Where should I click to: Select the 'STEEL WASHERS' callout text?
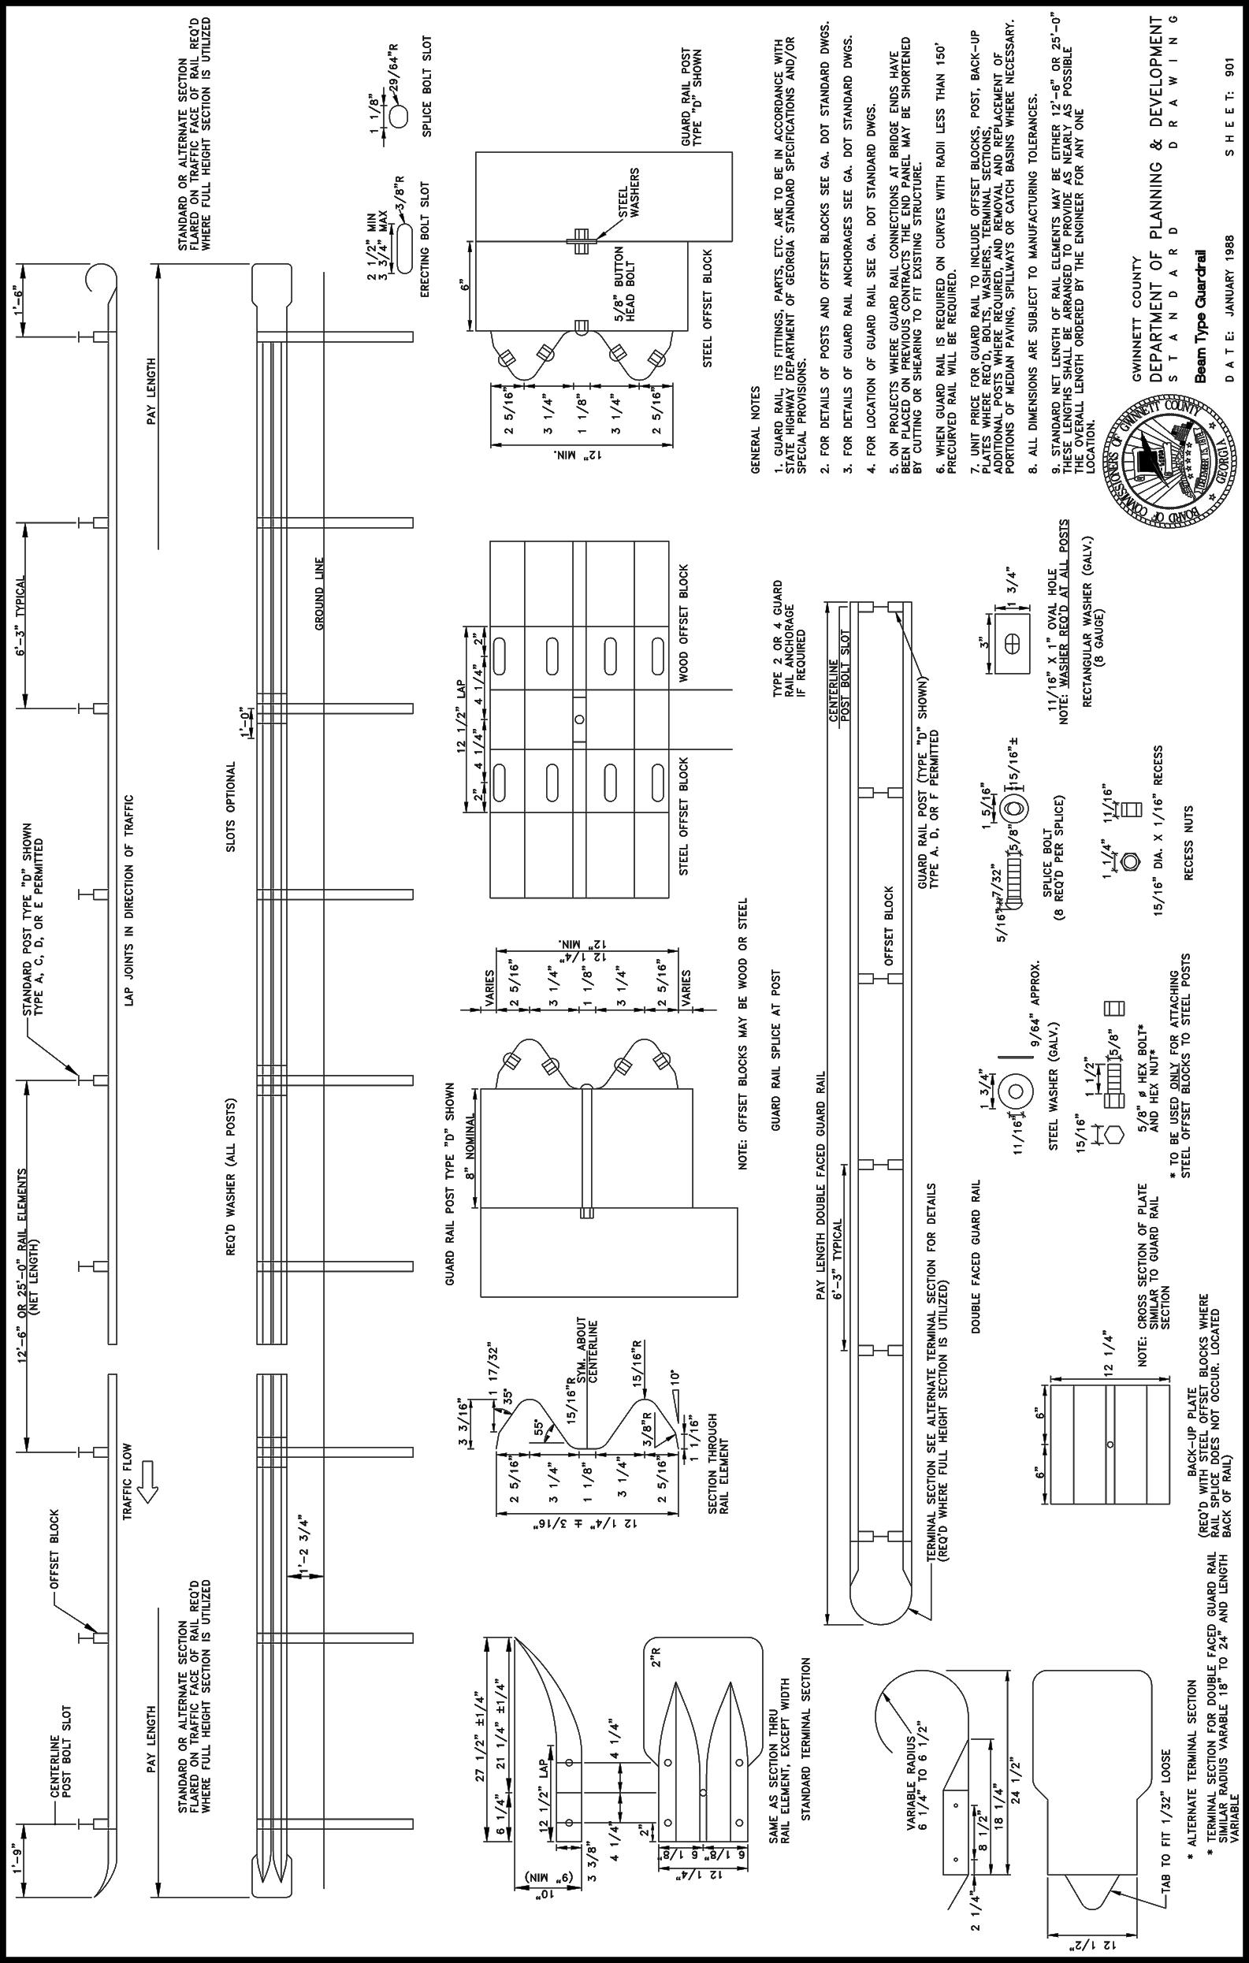coord(629,192)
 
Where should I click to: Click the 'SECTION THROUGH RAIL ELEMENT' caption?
coord(718,1464)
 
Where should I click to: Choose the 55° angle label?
coord(539,1426)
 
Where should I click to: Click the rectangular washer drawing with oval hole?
coord(1012,642)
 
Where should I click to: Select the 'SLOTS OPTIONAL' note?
coord(231,807)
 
